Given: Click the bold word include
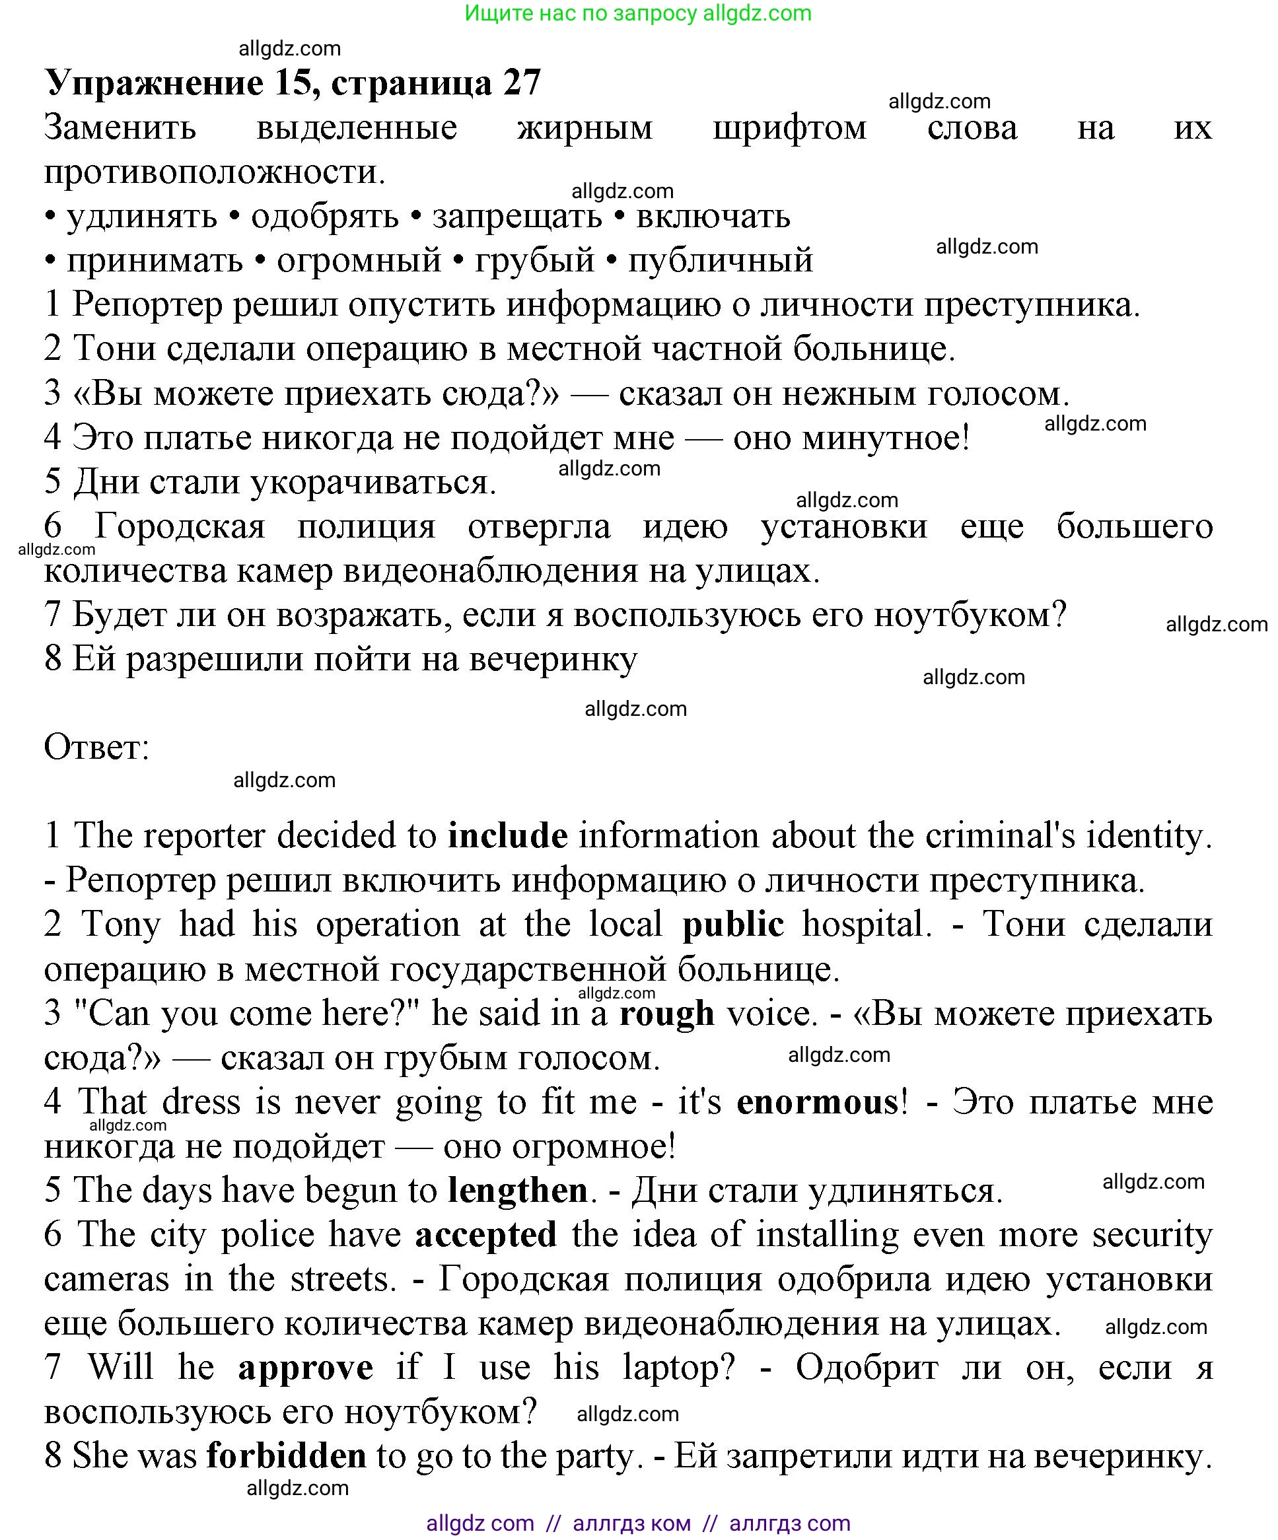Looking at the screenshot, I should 508,836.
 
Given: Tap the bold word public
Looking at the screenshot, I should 733,925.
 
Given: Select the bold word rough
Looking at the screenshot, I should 666,1014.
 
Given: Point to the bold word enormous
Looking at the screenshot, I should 817,1102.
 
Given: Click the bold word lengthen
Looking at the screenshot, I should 518,1191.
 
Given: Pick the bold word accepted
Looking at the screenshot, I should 485,1235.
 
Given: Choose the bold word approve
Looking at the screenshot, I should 305,1368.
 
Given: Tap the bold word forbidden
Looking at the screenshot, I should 286,1456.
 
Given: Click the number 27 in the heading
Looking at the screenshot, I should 522,82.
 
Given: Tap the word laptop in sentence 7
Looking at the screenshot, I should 678,1368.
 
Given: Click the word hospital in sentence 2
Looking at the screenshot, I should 867,925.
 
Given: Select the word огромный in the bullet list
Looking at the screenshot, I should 359,260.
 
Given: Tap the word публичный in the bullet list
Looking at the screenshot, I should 721,260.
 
